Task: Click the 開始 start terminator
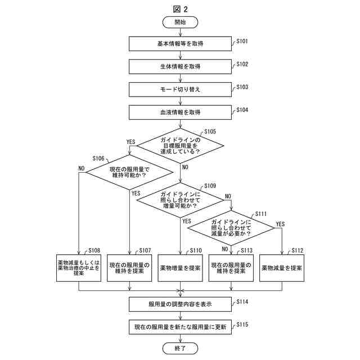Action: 180,22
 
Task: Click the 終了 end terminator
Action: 180,349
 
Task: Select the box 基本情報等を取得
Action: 180,43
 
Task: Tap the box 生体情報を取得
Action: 180,66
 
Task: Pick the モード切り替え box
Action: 180,89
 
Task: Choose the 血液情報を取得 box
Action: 180,112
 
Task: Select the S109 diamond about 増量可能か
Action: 180,198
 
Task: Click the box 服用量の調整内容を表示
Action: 180,304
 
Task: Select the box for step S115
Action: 180,327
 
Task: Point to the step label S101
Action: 242,42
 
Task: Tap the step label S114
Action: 242,302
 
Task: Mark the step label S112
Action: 298,251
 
